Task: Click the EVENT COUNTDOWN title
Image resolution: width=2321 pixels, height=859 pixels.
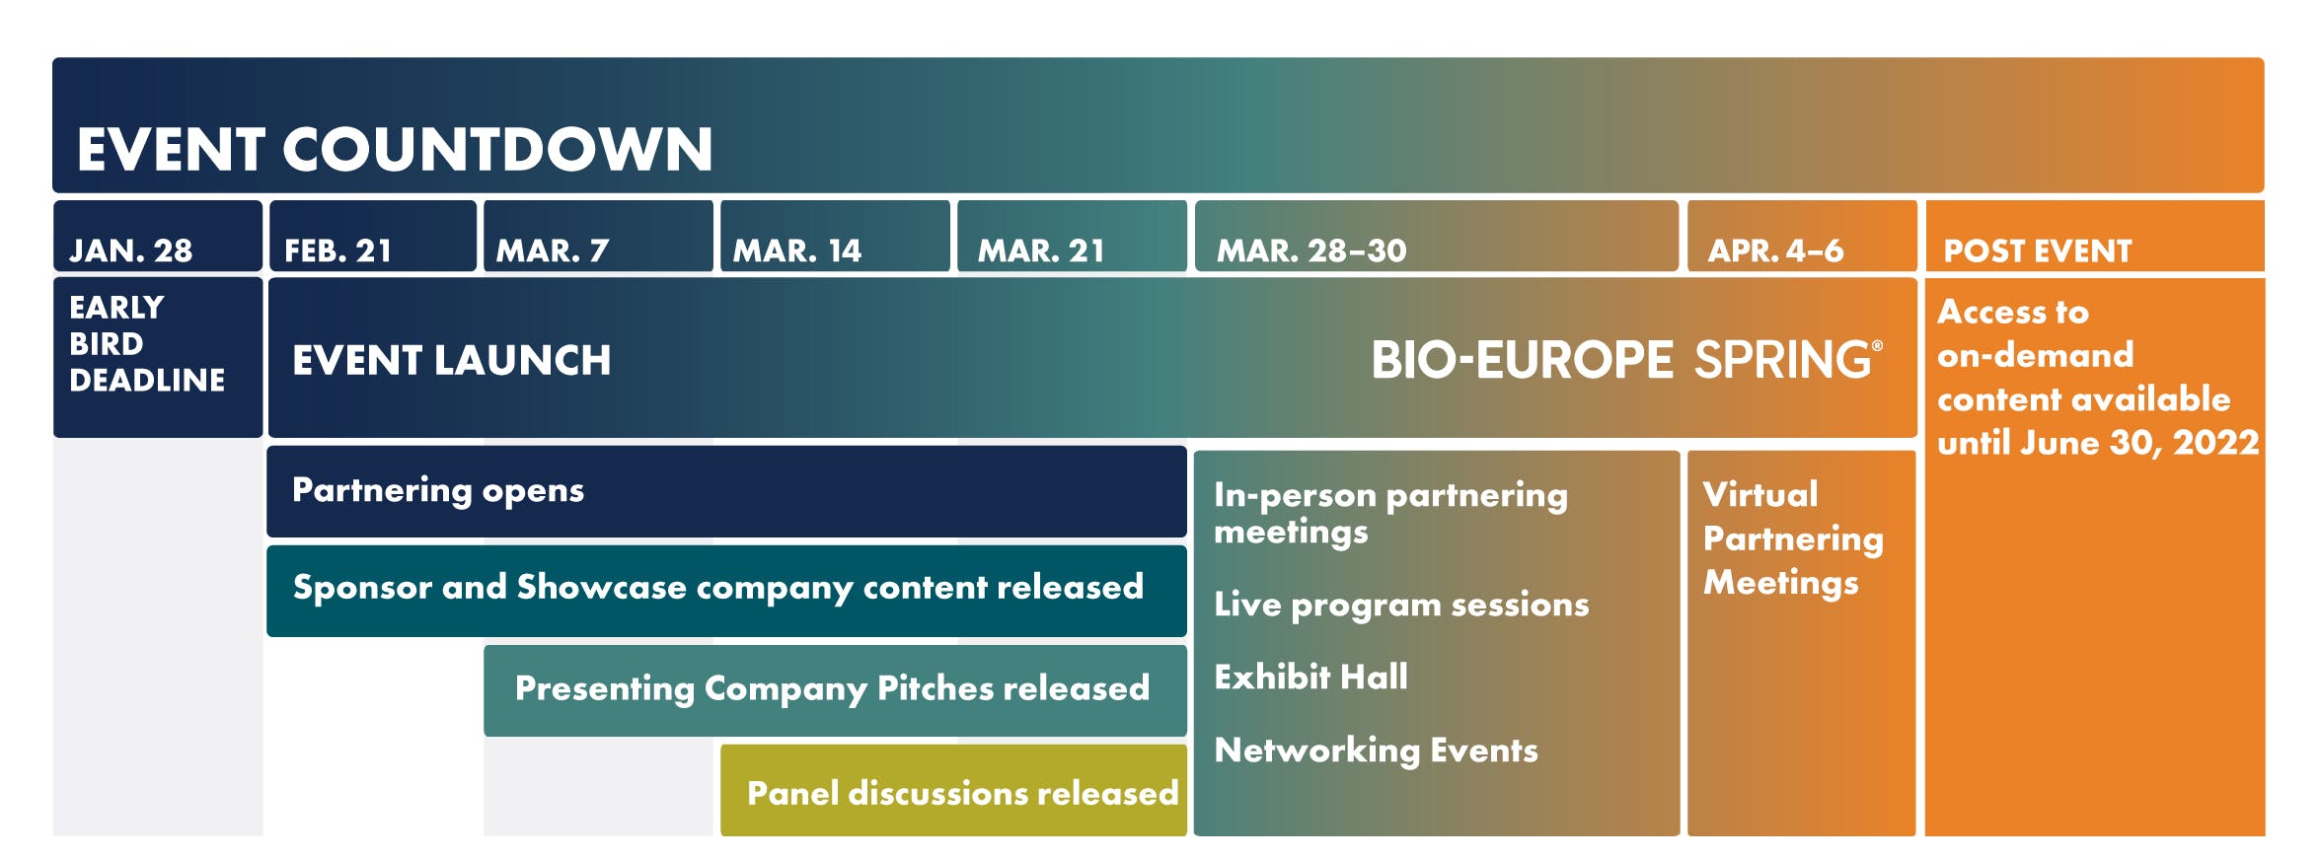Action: [x=395, y=150]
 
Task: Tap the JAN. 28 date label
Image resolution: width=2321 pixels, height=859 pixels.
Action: [x=130, y=251]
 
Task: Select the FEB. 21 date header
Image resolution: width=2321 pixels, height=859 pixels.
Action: [x=337, y=251]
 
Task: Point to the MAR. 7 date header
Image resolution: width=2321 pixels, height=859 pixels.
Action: [x=553, y=251]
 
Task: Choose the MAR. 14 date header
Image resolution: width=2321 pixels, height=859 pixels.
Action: [x=796, y=251]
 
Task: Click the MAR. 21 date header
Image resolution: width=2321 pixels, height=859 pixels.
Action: [x=1041, y=251]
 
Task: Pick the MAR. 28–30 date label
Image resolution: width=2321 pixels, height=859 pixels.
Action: [x=1311, y=251]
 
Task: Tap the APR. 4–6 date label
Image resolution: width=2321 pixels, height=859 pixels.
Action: [x=1775, y=251]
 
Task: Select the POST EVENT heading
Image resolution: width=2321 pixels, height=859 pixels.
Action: [x=2038, y=251]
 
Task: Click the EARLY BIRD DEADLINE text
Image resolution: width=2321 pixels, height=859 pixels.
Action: [x=147, y=343]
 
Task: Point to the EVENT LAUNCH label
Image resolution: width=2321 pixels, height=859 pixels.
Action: [x=451, y=360]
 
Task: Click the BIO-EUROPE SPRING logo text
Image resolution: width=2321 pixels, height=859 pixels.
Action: [x=1626, y=360]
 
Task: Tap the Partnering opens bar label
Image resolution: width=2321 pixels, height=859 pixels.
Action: [x=438, y=491]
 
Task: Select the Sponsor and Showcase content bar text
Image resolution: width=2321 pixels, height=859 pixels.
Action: [x=718, y=588]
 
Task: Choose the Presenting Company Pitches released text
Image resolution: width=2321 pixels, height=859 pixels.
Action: [x=832, y=688]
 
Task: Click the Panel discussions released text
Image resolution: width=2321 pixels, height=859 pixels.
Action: [x=962, y=793]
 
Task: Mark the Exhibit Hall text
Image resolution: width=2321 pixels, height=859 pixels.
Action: [x=1310, y=677]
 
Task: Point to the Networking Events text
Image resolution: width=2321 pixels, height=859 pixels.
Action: [x=1376, y=751]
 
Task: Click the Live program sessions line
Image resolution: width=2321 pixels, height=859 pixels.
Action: [x=1401, y=605]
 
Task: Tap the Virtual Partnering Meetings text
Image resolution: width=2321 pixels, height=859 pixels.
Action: [x=1793, y=538]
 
